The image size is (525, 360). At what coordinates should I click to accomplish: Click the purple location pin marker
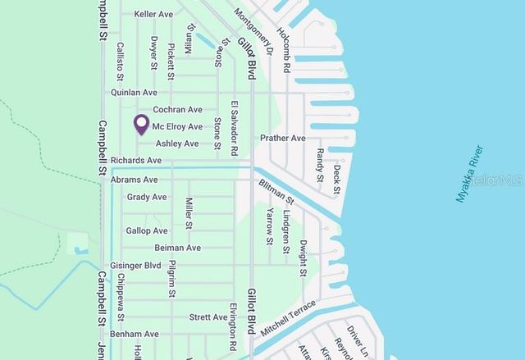tap(141, 125)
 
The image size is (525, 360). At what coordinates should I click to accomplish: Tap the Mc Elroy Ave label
tap(177, 127)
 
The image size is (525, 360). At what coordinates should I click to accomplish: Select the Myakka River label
tap(470, 174)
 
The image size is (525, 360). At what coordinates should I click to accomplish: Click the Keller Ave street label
tap(153, 15)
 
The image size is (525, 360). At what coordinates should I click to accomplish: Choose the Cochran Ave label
tap(177, 110)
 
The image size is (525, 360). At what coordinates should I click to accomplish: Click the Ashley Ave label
tap(177, 144)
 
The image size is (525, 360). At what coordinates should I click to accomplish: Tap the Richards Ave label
tap(136, 160)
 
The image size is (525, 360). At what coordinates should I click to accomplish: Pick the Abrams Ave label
tap(134, 180)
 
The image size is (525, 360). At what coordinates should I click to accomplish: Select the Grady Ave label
tap(147, 197)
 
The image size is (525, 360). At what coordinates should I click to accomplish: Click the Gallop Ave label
tap(147, 231)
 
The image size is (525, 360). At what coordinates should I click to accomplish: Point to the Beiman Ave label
tap(177, 248)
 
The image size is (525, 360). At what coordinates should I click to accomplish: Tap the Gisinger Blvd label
tap(136, 266)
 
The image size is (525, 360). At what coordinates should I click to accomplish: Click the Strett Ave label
tap(208, 317)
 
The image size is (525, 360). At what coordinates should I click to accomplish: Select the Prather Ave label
tap(282, 139)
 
